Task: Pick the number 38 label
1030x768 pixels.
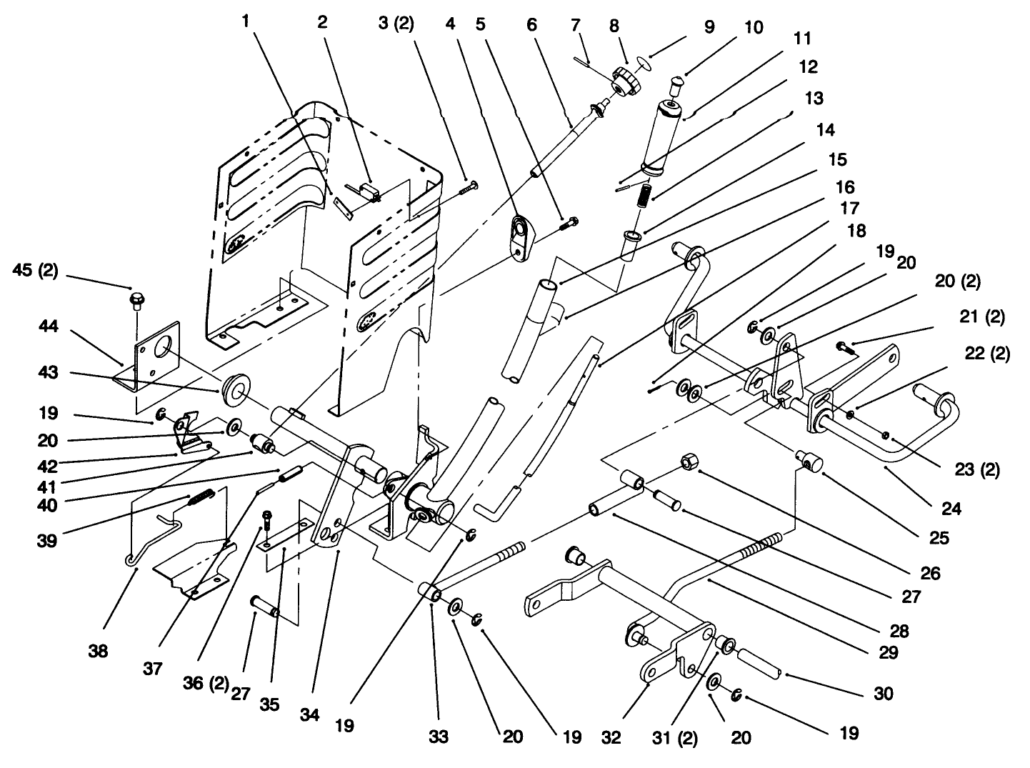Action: [x=99, y=651]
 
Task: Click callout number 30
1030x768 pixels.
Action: [x=884, y=694]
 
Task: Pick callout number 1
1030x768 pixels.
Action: [x=246, y=22]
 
